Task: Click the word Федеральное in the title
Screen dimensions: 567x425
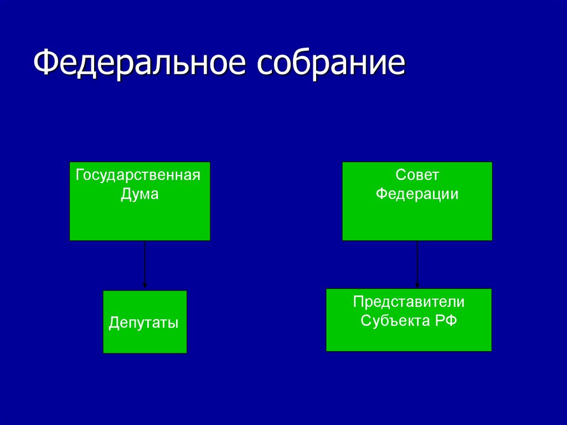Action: [140, 62]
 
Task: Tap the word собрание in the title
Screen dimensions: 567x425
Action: [331, 62]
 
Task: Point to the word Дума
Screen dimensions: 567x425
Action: [140, 194]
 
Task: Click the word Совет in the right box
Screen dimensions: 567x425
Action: [417, 175]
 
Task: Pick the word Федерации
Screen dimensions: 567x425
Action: [417, 194]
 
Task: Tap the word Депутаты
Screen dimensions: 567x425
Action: [143, 322]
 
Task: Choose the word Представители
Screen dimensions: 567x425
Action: [409, 302]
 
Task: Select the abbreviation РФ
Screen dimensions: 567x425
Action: [446, 321]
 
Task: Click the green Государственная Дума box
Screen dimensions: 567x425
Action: [140, 201]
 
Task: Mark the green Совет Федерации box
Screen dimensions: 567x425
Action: [417, 201]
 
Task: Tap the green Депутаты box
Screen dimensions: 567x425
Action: [145, 322]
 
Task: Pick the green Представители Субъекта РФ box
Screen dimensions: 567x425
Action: [409, 320]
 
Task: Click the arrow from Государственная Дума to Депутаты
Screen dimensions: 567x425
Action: [145, 264]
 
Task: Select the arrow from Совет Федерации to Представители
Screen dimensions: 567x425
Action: [417, 264]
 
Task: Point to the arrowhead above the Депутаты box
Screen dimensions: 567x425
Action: [145, 285]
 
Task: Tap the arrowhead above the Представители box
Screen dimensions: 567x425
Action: [417, 285]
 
